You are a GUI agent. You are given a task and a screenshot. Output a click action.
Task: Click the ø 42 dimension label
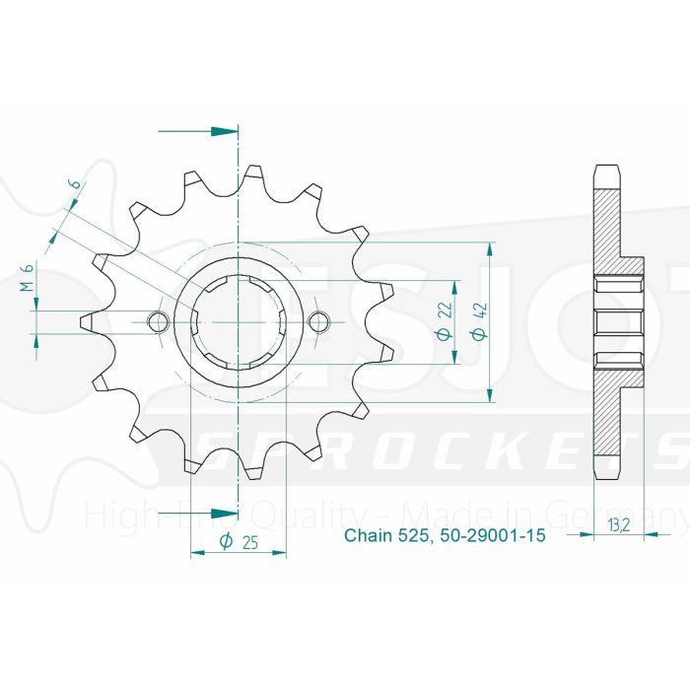tap(478, 321)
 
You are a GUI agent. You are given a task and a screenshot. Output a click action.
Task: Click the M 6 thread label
tap(28, 279)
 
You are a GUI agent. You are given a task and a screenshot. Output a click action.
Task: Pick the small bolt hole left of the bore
tap(156, 321)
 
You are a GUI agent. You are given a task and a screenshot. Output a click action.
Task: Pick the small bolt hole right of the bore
tap(318, 321)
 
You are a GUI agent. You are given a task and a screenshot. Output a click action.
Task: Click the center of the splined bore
tap(238, 321)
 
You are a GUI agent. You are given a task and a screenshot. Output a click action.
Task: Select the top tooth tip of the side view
tap(608, 170)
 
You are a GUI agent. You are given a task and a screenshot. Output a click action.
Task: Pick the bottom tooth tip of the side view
tap(608, 474)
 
